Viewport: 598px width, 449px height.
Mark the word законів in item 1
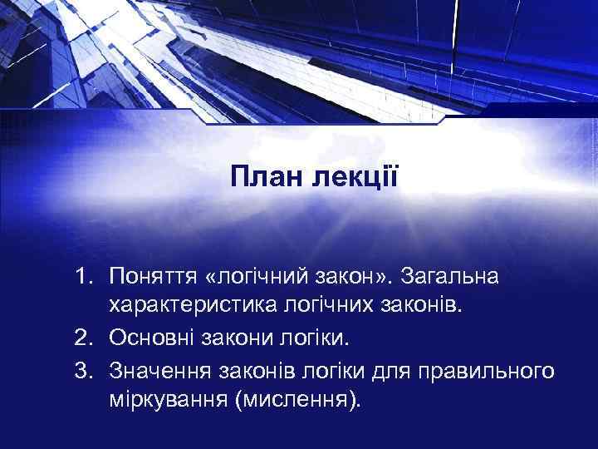tap(430, 305)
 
